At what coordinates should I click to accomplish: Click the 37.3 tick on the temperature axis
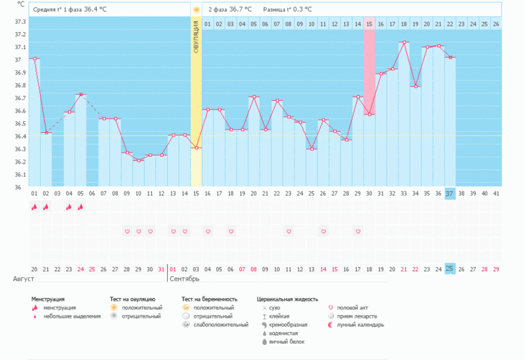[20, 22]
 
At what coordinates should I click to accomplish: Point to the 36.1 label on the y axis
[20, 175]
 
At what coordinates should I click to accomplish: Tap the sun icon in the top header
[196, 10]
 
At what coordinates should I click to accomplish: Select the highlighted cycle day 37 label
[449, 193]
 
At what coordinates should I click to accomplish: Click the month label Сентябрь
[185, 279]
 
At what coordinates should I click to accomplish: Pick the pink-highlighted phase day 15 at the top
[369, 24]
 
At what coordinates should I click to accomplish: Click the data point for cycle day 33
[404, 42]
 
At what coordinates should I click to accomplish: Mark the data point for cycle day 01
[35, 59]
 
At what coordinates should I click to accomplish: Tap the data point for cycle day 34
[415, 87]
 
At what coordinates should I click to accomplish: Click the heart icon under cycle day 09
[127, 232]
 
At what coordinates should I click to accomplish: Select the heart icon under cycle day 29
[357, 232]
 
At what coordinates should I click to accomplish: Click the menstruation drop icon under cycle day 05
[80, 207]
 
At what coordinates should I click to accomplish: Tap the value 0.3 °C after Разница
[302, 10]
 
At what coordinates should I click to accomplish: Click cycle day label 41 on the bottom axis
[496, 193]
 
